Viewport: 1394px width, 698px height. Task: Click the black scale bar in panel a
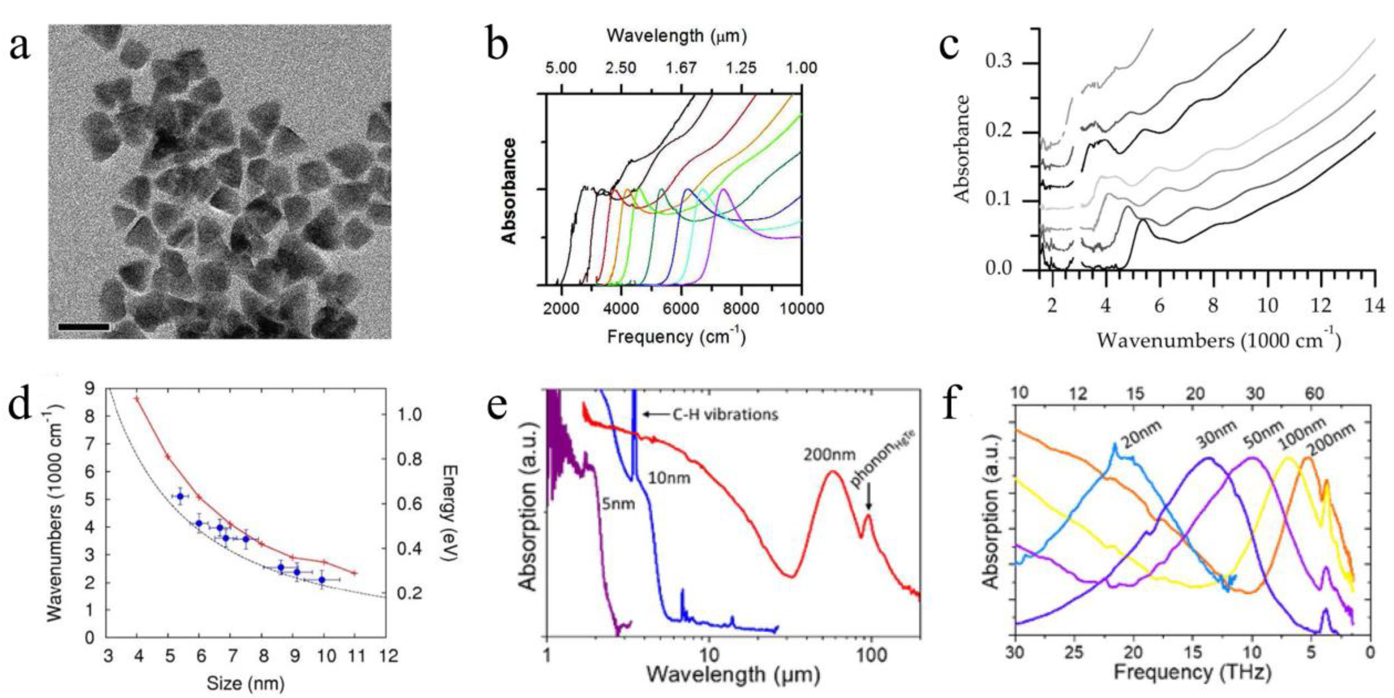[x=83, y=327]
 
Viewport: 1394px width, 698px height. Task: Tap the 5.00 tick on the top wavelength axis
[x=560, y=68]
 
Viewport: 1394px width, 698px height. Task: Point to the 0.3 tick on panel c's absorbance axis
[x=999, y=63]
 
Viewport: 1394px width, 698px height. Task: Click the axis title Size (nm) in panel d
[x=245, y=683]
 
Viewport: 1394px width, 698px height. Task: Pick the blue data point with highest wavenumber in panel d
[x=180, y=496]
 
